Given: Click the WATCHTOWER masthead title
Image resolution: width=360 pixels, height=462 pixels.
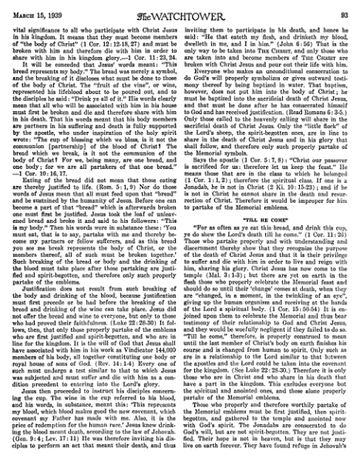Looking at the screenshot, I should click(180, 8).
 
